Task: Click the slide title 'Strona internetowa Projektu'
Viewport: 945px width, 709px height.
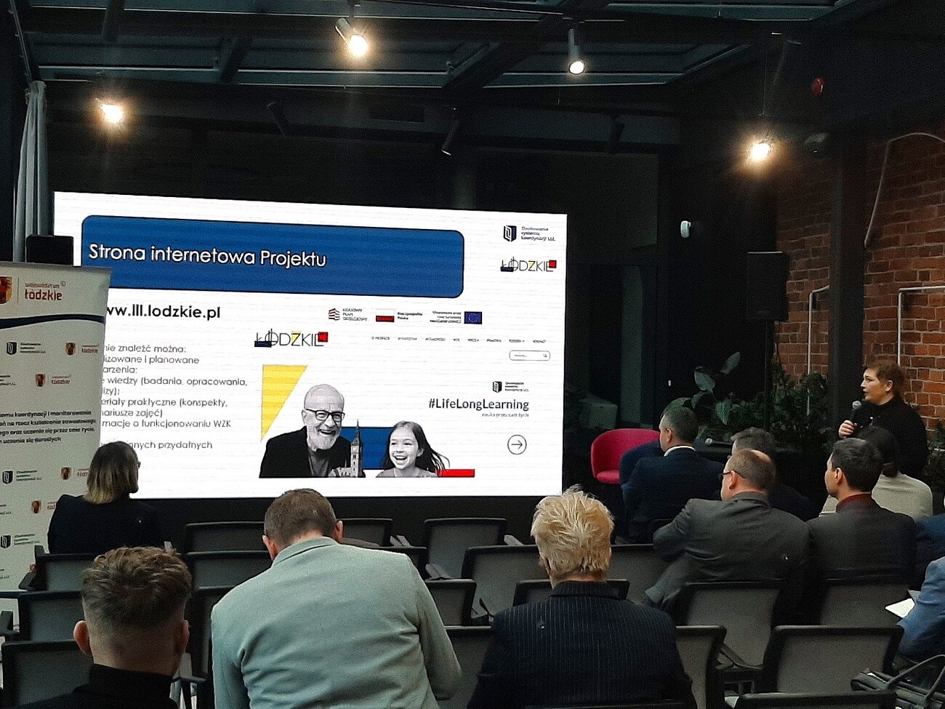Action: click(207, 256)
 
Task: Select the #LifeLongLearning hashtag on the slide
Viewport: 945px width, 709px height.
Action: click(478, 404)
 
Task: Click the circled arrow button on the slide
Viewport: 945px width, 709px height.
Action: click(517, 444)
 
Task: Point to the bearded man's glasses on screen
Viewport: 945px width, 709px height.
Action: click(324, 415)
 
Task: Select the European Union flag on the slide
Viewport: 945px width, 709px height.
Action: click(472, 317)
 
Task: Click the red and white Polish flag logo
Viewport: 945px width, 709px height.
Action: click(385, 316)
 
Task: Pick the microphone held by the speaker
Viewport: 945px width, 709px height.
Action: click(854, 412)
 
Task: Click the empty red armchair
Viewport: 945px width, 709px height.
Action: click(618, 452)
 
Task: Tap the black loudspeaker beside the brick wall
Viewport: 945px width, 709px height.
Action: click(766, 286)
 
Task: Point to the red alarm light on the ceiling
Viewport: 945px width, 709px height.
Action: click(817, 87)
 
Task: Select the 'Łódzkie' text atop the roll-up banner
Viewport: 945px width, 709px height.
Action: click(43, 295)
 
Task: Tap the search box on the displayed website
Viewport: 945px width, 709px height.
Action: click(528, 356)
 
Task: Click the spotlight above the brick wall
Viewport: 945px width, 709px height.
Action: click(760, 150)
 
